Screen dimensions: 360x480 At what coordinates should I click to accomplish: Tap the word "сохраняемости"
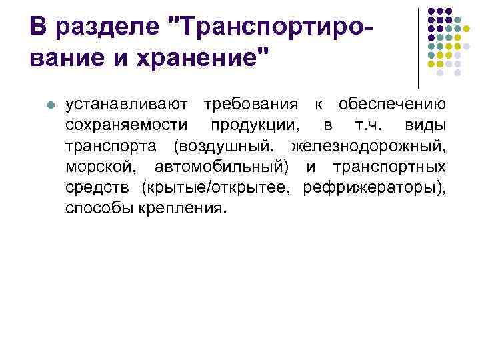127,125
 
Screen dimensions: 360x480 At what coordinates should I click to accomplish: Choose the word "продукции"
255,125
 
